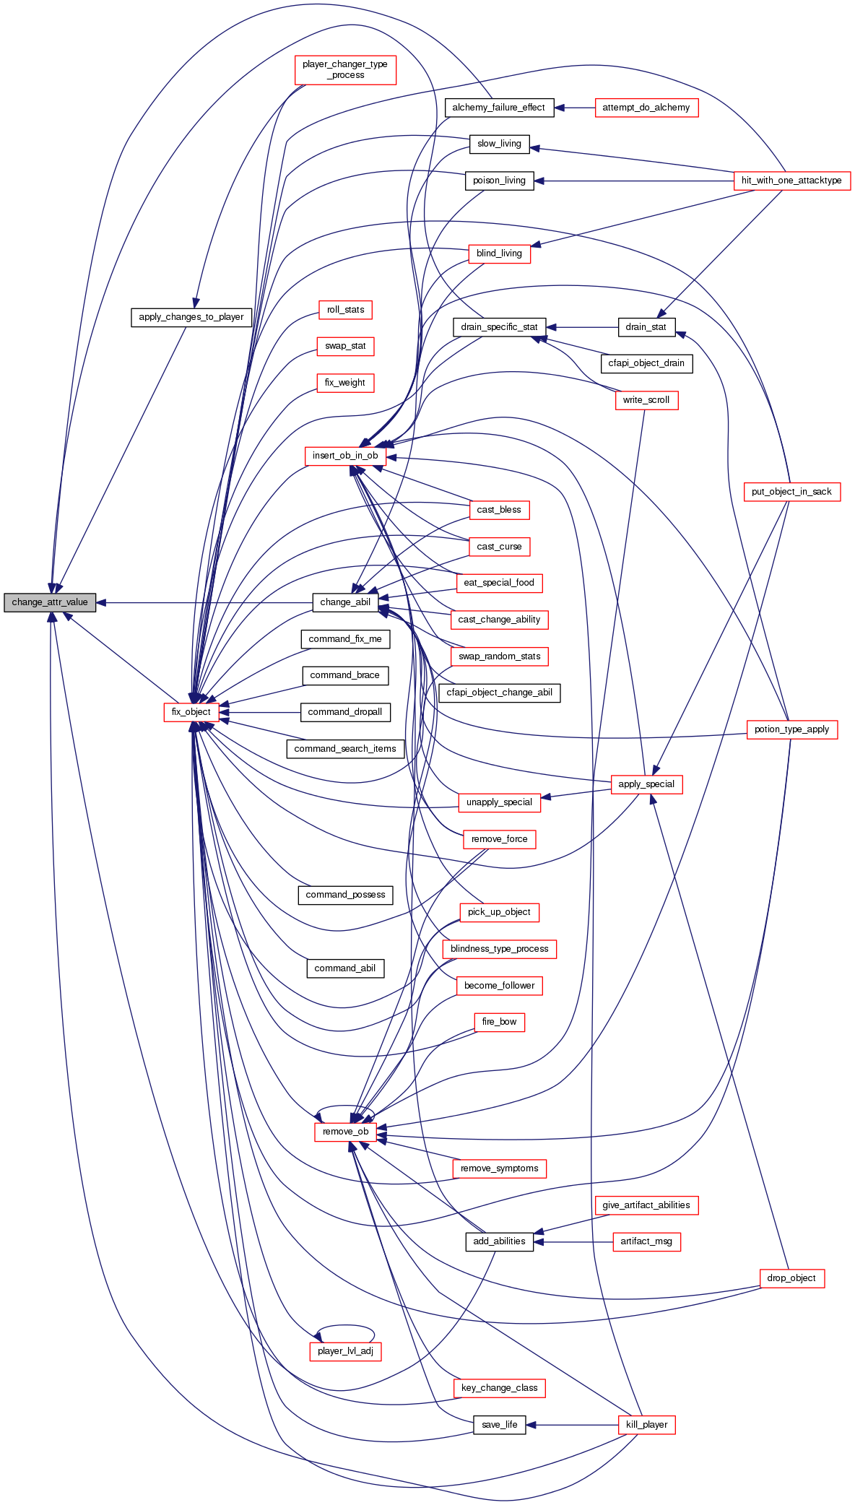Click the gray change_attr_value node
[x=50, y=602]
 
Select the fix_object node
[x=191, y=712]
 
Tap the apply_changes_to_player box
[x=191, y=317]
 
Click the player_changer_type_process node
[x=345, y=69]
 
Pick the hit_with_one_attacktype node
[x=791, y=181]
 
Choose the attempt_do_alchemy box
[x=646, y=108]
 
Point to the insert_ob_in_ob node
[x=345, y=456]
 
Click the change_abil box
[x=345, y=602]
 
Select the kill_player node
[x=646, y=1425]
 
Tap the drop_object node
[x=791, y=1278]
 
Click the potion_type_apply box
[x=791, y=729]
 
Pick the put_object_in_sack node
[x=791, y=492]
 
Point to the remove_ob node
[x=345, y=1132]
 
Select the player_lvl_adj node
[x=345, y=1351]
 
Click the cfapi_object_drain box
[x=646, y=363]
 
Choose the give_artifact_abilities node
[x=646, y=1205]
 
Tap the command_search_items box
[x=345, y=749]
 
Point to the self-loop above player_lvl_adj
[x=345, y=1327]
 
